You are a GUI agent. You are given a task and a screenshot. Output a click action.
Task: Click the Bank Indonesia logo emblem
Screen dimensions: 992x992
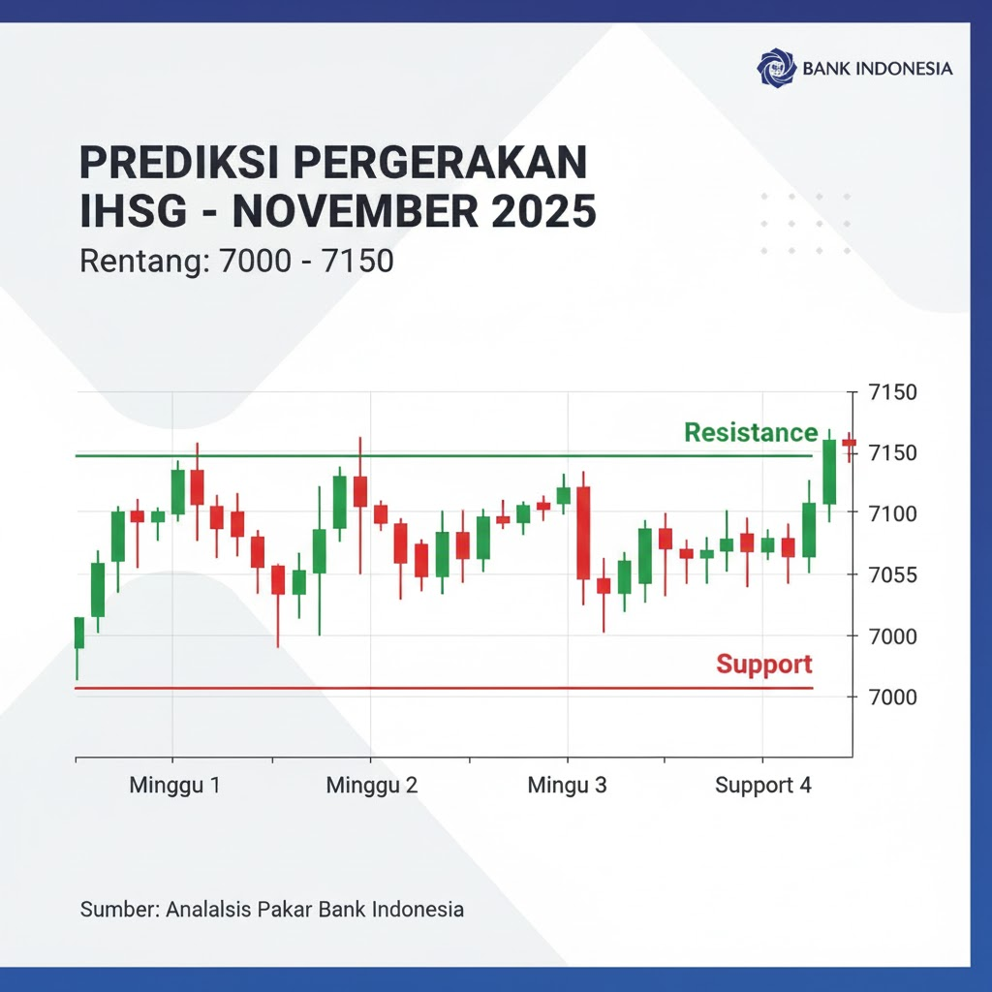pos(776,67)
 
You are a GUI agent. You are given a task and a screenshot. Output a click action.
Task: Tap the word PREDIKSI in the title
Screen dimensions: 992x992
pos(180,163)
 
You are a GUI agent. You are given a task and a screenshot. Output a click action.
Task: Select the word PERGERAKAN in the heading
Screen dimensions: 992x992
pos(441,163)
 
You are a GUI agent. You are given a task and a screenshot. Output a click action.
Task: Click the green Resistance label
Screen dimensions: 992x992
pos(751,433)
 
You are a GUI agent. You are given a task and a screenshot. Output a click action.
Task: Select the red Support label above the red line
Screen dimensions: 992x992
pos(764,665)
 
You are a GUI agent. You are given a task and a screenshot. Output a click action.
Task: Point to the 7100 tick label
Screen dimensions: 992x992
pos(892,513)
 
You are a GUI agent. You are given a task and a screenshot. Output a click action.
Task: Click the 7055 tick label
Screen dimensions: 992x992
pos(892,575)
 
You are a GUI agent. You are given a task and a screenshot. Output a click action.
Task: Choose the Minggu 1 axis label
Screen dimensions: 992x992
pos(174,786)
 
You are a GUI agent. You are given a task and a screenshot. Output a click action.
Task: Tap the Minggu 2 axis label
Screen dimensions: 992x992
pos(372,786)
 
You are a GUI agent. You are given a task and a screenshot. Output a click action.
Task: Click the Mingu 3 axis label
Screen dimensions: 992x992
pos(567,786)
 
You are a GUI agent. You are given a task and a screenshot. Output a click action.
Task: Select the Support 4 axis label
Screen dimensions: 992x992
pos(763,786)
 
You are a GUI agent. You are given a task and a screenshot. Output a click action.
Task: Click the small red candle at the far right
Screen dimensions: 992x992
pos(849,443)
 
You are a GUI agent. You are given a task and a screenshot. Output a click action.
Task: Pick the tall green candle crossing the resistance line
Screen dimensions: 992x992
pos(829,472)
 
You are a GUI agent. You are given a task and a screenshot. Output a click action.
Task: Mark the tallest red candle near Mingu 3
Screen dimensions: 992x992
pos(583,533)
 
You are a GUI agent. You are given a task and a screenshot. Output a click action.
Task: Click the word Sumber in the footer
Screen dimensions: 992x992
pos(120,910)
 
